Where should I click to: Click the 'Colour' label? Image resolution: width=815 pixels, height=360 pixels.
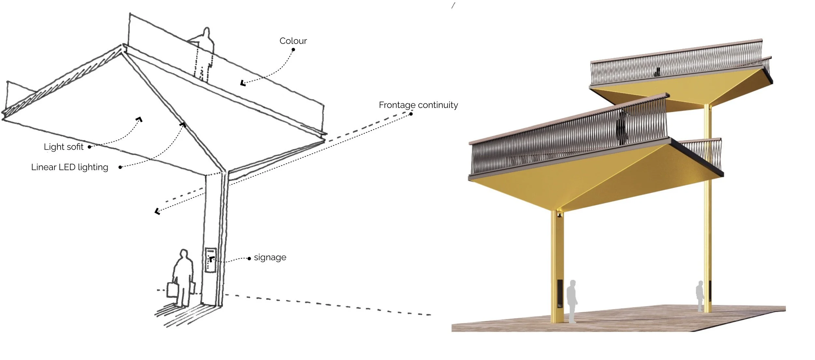[293, 41]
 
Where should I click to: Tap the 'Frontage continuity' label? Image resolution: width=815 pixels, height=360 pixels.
[418, 105]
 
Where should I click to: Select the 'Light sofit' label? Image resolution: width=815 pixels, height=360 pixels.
[64, 147]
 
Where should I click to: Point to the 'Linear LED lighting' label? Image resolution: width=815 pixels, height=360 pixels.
[69, 167]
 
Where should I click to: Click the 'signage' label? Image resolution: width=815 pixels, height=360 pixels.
[270, 257]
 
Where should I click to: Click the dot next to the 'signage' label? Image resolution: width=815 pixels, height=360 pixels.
[249, 259]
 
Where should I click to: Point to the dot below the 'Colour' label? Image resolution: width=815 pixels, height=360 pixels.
[293, 50]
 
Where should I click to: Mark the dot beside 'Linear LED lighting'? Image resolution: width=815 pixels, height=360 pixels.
[120, 167]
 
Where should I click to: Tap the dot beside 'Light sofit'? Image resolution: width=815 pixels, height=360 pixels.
[89, 147]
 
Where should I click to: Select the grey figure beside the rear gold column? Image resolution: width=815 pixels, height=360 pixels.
[700, 295]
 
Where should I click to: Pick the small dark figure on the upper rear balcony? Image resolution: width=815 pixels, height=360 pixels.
[657, 72]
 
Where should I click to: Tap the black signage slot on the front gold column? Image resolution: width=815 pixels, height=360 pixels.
[559, 293]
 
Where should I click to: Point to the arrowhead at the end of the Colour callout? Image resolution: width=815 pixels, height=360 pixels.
[243, 83]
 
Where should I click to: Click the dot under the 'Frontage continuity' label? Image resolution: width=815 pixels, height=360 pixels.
[411, 114]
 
